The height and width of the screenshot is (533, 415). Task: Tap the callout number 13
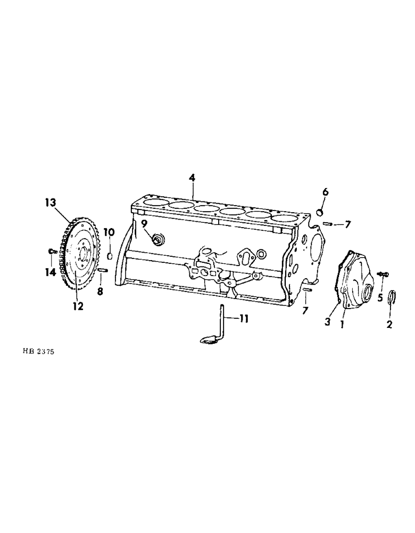(50, 202)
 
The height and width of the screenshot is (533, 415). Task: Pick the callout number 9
(144, 222)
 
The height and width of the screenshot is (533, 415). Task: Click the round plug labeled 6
(320, 212)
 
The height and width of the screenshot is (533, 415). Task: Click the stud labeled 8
(103, 272)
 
